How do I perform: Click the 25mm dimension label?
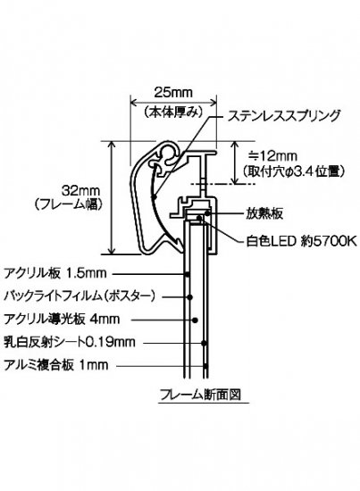click(173, 92)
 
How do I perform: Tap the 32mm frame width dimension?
click(80, 190)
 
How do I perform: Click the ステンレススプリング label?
click(284, 115)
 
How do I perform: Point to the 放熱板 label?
click(264, 213)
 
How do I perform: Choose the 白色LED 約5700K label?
click(301, 241)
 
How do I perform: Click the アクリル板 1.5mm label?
click(55, 273)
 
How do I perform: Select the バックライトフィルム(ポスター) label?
click(80, 296)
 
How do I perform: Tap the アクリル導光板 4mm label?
click(62, 320)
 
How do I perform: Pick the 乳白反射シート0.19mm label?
click(70, 342)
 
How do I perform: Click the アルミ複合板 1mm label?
click(56, 365)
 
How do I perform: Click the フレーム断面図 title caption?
click(200, 395)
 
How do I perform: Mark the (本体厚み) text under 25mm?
click(172, 112)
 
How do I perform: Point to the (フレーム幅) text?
click(68, 204)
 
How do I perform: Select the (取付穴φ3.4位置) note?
click(295, 171)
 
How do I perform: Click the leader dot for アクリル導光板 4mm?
click(195, 320)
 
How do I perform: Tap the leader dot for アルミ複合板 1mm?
click(205, 366)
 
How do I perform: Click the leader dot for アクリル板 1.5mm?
click(187, 275)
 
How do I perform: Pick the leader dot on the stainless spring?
click(154, 197)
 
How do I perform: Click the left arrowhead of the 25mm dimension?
click(133, 102)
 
